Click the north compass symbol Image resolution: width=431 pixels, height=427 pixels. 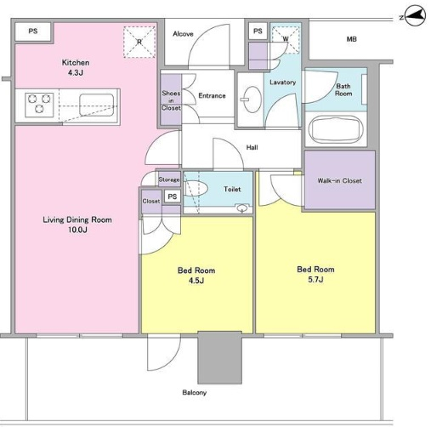[x=415, y=17]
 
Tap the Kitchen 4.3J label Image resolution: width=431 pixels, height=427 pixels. [x=76, y=67]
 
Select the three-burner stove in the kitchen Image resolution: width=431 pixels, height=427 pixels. [x=39, y=105]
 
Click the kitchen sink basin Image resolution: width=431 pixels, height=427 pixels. [x=97, y=105]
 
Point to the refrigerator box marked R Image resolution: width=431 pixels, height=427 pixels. [x=139, y=42]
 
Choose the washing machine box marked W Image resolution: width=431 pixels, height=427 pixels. [x=286, y=39]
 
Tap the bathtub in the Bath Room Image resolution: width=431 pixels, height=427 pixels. [x=336, y=130]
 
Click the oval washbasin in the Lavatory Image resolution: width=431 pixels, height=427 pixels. [x=252, y=100]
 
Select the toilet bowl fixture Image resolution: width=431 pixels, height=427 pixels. [x=196, y=188]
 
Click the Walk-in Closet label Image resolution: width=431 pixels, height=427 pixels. [x=339, y=180]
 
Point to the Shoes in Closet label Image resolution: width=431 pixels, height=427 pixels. [x=171, y=100]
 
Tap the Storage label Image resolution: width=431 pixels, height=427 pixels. [x=169, y=179]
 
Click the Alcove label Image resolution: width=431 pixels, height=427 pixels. [x=183, y=34]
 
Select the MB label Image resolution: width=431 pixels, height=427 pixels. [x=351, y=39]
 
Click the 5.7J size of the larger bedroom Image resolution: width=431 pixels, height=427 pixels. [x=315, y=280]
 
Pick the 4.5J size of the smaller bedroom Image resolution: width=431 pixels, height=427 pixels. [x=196, y=281]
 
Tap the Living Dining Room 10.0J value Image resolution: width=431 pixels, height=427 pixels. [x=77, y=230]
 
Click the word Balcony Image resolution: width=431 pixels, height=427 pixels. [x=194, y=393]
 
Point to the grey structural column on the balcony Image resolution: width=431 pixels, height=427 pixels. [x=220, y=357]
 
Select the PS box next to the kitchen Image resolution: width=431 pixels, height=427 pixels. [x=33, y=31]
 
